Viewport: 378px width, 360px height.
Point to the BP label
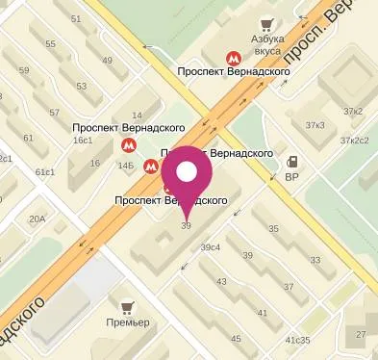click(293, 177)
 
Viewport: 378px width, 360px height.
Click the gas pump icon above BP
click(293, 162)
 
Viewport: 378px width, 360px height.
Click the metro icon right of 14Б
click(150, 167)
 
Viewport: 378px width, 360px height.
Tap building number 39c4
click(211, 247)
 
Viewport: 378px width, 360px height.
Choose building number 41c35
click(297, 341)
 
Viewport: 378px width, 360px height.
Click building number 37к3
click(315, 126)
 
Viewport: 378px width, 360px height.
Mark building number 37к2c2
click(354, 141)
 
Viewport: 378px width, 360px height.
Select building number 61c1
click(45, 172)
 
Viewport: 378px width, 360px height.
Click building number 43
click(221, 281)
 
